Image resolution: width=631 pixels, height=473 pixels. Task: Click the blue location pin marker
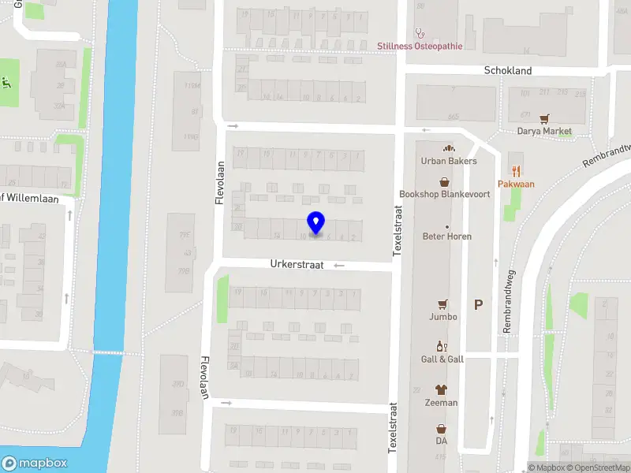(315, 222)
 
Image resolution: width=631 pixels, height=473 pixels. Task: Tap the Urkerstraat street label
(297, 266)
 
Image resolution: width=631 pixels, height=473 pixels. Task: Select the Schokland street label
(507, 71)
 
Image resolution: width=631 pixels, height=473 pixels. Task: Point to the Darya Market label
(544, 132)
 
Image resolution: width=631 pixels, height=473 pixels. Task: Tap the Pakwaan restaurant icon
(516, 170)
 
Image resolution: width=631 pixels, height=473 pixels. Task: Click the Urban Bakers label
(449, 161)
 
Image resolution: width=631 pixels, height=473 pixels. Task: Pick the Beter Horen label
(447, 236)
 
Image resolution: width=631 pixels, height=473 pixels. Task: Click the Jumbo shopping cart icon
(443, 304)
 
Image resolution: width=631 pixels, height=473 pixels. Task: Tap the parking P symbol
(478, 305)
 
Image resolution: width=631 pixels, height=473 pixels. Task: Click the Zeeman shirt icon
(441, 389)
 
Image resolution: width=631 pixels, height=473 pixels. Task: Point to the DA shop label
(441, 441)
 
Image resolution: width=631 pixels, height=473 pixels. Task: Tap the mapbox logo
(35, 464)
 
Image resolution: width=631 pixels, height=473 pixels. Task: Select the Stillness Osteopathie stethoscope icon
(420, 34)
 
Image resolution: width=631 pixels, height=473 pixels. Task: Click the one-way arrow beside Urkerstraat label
(339, 266)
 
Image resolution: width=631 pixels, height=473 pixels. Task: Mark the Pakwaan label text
(516, 184)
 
